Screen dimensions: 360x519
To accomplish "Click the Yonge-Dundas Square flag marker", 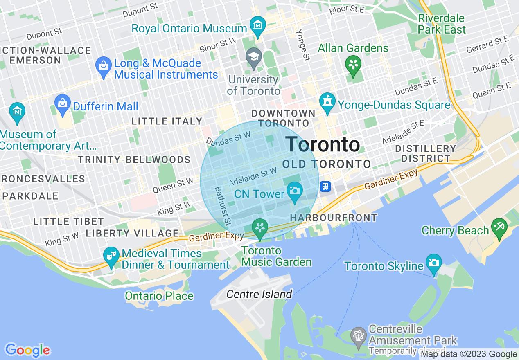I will pos(327,101).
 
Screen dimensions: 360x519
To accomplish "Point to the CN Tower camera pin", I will pos(295,191).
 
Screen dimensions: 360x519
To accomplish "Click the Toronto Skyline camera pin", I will pos(433,263).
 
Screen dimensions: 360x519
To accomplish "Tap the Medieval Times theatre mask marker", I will pos(111,256).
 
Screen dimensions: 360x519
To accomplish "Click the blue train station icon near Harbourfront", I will pos(325,187).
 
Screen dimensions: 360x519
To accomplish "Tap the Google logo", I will pos(27,350).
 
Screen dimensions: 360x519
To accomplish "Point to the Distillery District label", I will pos(426,153).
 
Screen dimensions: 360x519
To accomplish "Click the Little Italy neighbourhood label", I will pos(167,121).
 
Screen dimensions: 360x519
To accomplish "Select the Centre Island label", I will pos(259,294).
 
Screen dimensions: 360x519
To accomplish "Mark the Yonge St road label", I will pos(303,45).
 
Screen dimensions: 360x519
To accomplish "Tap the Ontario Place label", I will pos(159,296).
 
